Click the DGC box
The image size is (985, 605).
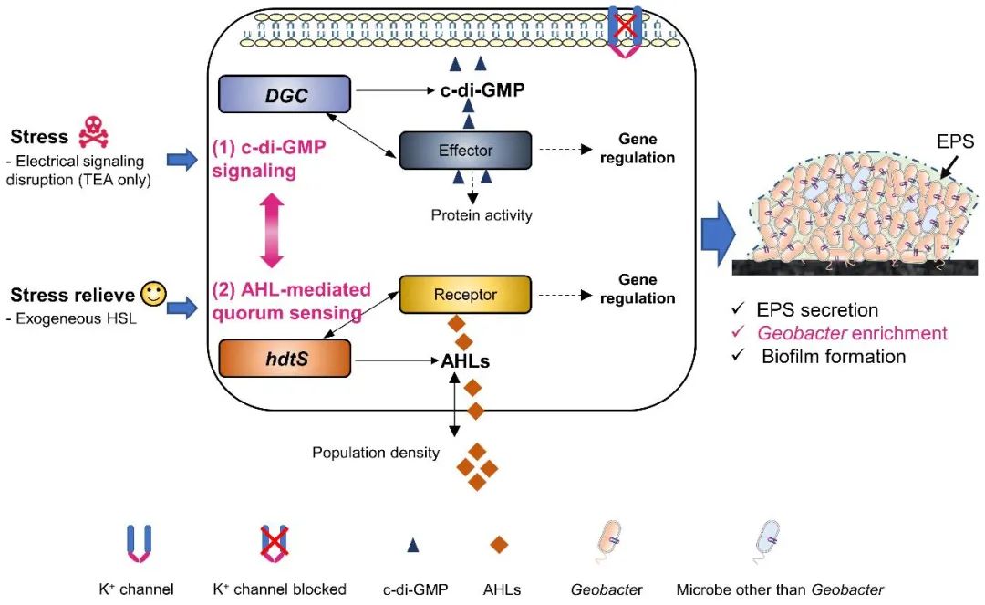285,94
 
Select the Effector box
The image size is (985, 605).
465,151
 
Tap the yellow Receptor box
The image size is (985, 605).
465,295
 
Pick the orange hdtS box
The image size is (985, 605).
285,358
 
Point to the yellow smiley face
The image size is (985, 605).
153,294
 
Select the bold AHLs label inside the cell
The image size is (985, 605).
465,360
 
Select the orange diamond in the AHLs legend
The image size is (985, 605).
498,546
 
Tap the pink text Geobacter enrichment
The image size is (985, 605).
853,333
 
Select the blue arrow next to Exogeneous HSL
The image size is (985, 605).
182,309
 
